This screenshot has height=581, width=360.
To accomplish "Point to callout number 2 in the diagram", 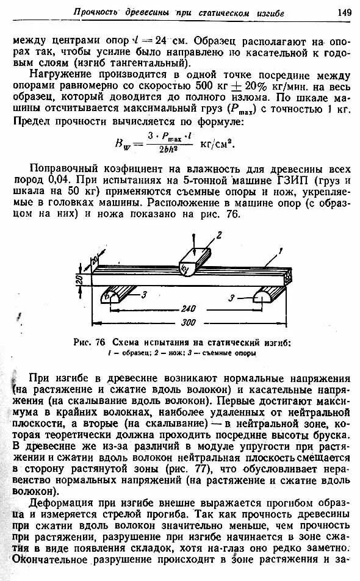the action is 217,234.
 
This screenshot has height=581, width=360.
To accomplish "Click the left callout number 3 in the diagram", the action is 145,295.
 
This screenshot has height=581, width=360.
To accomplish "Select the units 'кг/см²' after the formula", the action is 217,144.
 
